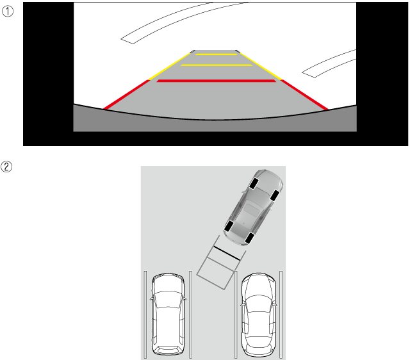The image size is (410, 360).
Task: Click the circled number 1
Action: [x=8, y=12]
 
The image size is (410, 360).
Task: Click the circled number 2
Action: [x=6, y=167]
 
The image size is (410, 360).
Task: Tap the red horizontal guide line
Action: [x=217, y=81]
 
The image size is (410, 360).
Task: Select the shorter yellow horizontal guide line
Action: [x=217, y=54]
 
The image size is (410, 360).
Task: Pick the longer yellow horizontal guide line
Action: [x=217, y=65]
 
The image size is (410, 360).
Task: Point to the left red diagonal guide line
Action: [x=127, y=94]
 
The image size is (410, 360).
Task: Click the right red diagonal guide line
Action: [x=304, y=95]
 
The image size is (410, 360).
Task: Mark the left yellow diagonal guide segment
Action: [x=169, y=66]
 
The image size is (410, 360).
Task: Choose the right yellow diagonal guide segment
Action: [x=261, y=66]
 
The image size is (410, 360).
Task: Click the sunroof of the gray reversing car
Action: [x=251, y=210]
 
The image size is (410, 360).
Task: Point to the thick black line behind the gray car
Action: [x=227, y=253]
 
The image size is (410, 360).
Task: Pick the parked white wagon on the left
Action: [x=168, y=314]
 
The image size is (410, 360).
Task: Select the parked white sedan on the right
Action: [x=258, y=315]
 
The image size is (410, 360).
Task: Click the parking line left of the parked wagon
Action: [x=145, y=315]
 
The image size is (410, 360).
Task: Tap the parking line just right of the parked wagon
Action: [x=191, y=315]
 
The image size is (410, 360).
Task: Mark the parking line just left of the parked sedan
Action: [x=236, y=315]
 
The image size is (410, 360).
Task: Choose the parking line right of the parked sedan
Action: [x=281, y=315]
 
